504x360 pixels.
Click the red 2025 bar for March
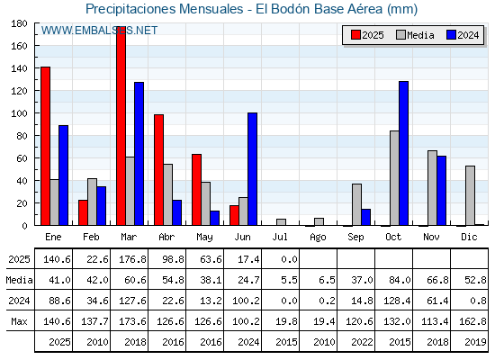121,126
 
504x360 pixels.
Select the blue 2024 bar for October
404,153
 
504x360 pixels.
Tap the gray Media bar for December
470,196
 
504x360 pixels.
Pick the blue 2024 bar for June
252,169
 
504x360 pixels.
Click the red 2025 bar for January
45,146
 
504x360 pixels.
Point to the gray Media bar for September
356,205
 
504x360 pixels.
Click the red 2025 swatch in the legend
355,35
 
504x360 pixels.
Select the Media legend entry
416,35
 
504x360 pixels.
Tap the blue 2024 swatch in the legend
451,35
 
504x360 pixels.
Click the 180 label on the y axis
20,23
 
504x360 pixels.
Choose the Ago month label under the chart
318,238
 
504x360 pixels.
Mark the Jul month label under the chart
280,237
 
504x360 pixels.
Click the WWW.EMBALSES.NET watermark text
99,31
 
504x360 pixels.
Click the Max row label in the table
19,321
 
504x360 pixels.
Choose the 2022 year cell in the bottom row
362,342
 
